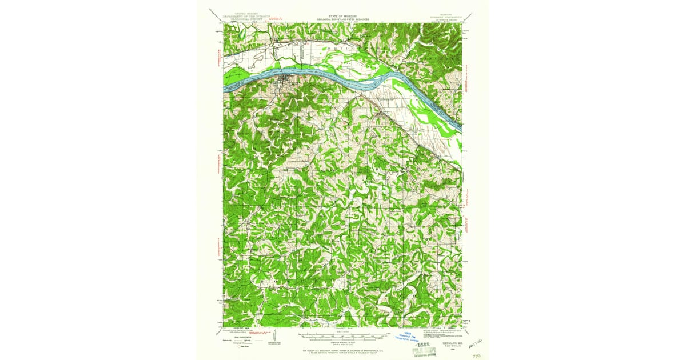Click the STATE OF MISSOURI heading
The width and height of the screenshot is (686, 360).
(343, 16)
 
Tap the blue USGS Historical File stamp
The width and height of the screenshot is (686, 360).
(408, 337)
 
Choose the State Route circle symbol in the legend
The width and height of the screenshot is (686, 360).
(241, 346)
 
